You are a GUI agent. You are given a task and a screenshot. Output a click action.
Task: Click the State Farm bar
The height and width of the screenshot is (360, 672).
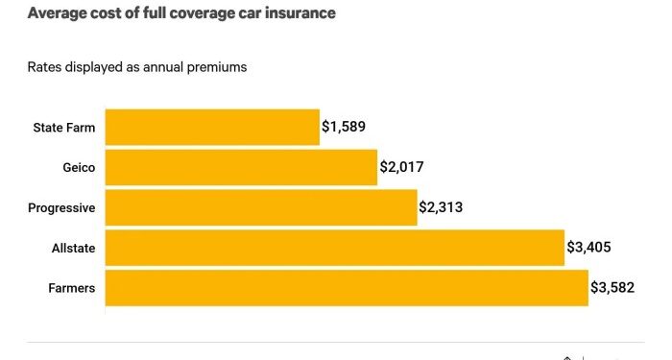click(212, 127)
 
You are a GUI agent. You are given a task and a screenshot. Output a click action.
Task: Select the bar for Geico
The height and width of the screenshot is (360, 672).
click(241, 167)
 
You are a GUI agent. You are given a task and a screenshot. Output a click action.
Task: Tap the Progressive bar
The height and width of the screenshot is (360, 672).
click(261, 207)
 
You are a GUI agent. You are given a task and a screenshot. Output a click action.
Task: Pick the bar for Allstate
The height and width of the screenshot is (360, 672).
click(334, 248)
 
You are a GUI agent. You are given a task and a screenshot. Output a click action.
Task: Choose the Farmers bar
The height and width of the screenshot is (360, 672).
click(347, 288)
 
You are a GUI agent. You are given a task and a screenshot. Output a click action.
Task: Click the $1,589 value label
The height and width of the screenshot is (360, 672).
click(344, 127)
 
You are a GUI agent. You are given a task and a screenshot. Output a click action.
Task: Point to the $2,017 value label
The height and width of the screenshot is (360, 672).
click(401, 167)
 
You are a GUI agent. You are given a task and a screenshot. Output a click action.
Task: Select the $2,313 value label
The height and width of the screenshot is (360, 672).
click(442, 207)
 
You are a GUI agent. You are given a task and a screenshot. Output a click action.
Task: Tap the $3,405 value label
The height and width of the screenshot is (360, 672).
click(588, 248)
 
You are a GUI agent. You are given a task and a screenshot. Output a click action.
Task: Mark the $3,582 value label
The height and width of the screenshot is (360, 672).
click(612, 288)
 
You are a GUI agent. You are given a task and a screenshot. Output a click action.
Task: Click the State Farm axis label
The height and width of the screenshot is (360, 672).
click(63, 127)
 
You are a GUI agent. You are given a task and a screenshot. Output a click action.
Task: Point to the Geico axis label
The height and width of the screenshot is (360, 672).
click(78, 167)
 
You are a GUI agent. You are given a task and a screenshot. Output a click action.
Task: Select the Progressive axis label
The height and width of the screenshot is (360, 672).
click(60, 207)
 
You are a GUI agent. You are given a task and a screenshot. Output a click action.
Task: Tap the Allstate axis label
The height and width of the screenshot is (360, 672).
click(73, 248)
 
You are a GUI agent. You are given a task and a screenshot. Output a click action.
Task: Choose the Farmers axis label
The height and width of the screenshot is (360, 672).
click(71, 288)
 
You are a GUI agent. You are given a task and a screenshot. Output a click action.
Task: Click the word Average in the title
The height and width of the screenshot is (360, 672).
click(57, 13)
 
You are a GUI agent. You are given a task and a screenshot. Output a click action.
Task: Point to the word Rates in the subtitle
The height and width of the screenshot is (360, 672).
click(44, 67)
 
